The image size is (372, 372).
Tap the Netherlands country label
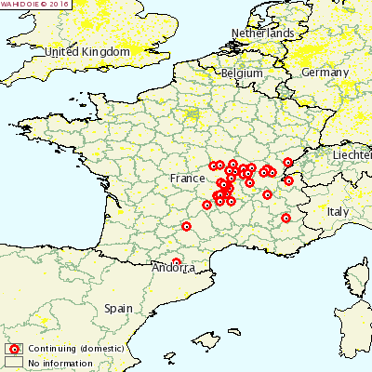(x=263, y=33)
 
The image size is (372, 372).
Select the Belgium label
(x=242, y=73)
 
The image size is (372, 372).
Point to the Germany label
(x=325, y=73)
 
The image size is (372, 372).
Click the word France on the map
(x=187, y=178)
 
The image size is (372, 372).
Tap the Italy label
(x=337, y=212)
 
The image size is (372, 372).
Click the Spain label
(x=118, y=308)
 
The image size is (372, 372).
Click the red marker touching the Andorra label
(x=177, y=262)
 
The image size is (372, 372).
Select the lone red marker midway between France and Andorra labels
(x=186, y=226)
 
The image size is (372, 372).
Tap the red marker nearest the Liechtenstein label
(x=288, y=163)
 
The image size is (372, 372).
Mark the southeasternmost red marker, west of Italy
(x=286, y=219)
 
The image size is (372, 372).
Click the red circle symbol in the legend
(x=14, y=349)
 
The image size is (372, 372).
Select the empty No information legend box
(x=14, y=362)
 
